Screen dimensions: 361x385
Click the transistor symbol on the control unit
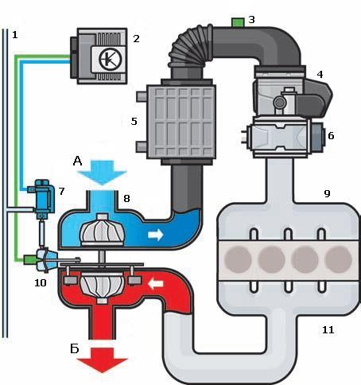pyautogui.click(x=111, y=59)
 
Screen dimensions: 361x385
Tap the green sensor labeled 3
pyautogui.click(x=238, y=22)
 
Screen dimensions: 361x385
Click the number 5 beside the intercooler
pyautogui.click(x=134, y=122)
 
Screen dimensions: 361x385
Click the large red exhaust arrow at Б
pyautogui.click(x=102, y=360)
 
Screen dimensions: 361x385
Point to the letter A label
pyautogui.click(x=77, y=161)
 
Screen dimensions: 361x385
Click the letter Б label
pyautogui.click(x=75, y=348)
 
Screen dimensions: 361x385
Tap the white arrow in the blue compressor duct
pyautogui.click(x=156, y=235)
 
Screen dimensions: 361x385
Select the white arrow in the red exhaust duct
pyautogui.click(x=155, y=284)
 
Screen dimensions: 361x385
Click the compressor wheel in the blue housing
pyautogui.click(x=102, y=230)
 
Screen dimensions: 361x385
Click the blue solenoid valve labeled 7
pyautogui.click(x=43, y=197)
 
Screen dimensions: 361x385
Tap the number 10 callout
pyautogui.click(x=41, y=283)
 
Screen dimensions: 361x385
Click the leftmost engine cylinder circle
pyautogui.click(x=238, y=259)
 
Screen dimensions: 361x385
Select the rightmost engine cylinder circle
pyautogui.click(x=338, y=259)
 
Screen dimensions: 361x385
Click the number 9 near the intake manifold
pyautogui.click(x=327, y=193)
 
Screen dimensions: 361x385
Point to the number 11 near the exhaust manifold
pyautogui.click(x=328, y=330)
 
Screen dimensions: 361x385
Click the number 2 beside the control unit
pyautogui.click(x=136, y=39)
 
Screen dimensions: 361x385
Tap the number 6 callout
pyautogui.click(x=331, y=135)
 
